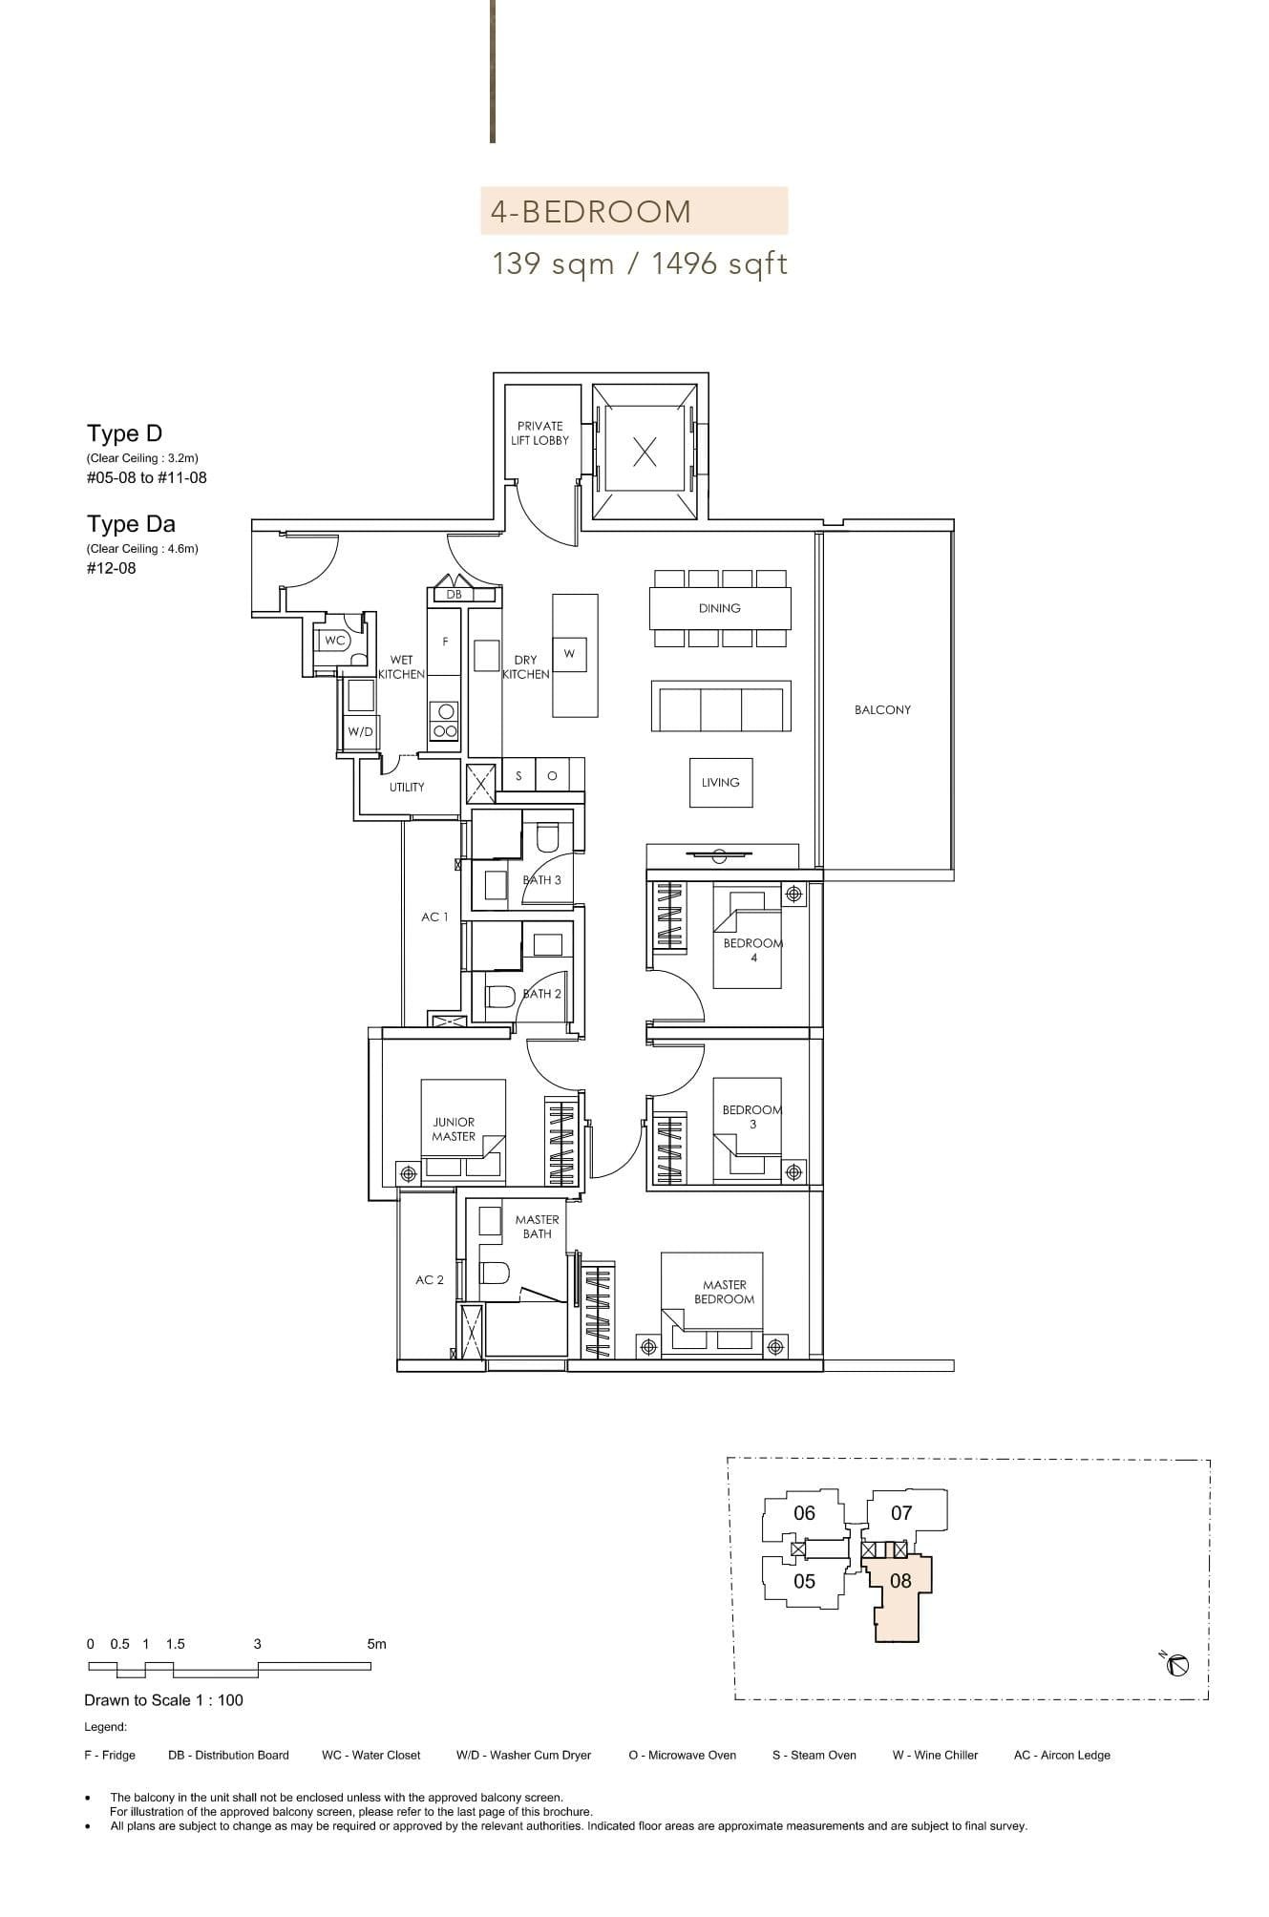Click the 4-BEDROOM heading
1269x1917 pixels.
pos(590,211)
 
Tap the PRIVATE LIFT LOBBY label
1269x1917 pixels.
pos(539,433)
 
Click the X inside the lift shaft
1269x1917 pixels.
pos(645,452)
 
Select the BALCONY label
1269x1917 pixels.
pos(882,710)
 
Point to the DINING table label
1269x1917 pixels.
pos(719,608)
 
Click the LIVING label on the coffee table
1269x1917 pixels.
pos(720,783)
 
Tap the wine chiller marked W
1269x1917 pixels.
pos(569,654)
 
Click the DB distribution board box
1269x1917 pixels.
pos(455,595)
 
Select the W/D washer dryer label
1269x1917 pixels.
pos(360,732)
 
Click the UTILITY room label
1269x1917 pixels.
pos(407,788)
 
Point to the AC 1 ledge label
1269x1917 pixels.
pos(434,917)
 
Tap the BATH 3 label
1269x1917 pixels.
pos(542,880)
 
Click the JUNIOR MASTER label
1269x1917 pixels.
pos(454,1129)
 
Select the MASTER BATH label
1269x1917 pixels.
pos(537,1227)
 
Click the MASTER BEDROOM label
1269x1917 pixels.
pos(724,1293)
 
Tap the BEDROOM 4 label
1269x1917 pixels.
pos(752,950)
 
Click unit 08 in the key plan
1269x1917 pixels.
pos(900,1581)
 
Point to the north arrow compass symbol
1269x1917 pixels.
pos(1177,1666)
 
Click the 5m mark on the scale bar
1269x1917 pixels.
pos(376,1644)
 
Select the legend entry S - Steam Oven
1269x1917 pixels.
pos(814,1755)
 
